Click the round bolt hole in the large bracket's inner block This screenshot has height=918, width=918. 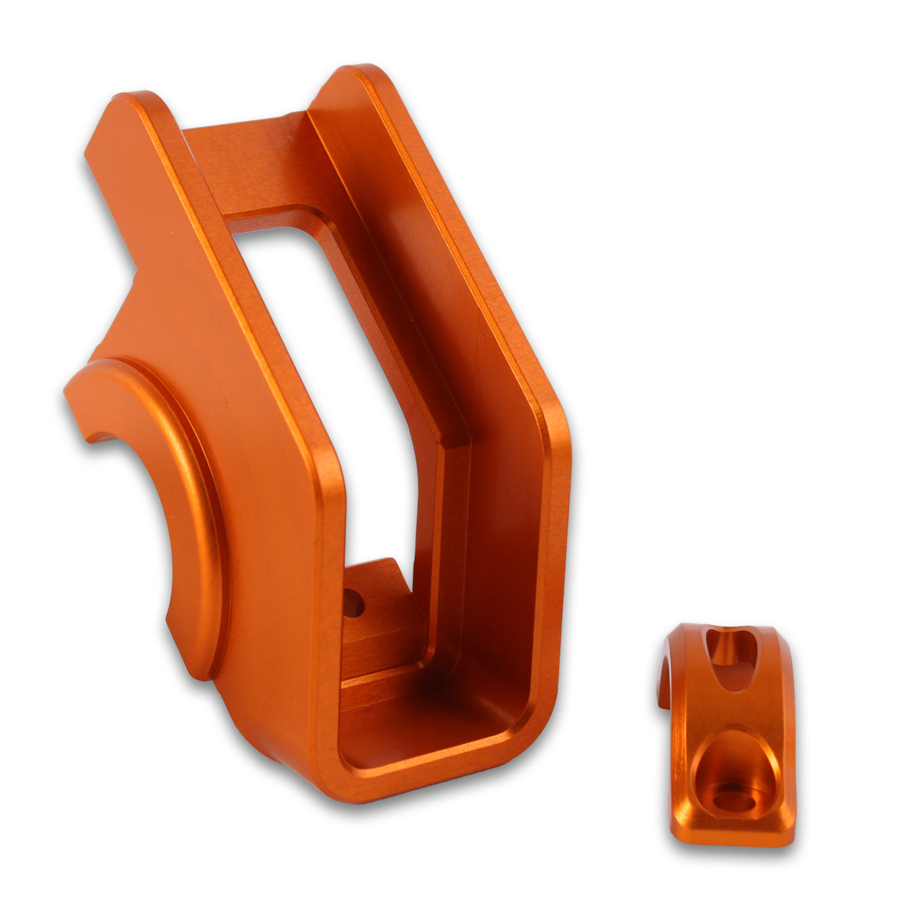353,604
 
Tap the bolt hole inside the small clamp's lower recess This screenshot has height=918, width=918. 732,800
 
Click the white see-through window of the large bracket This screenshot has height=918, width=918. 337,382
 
